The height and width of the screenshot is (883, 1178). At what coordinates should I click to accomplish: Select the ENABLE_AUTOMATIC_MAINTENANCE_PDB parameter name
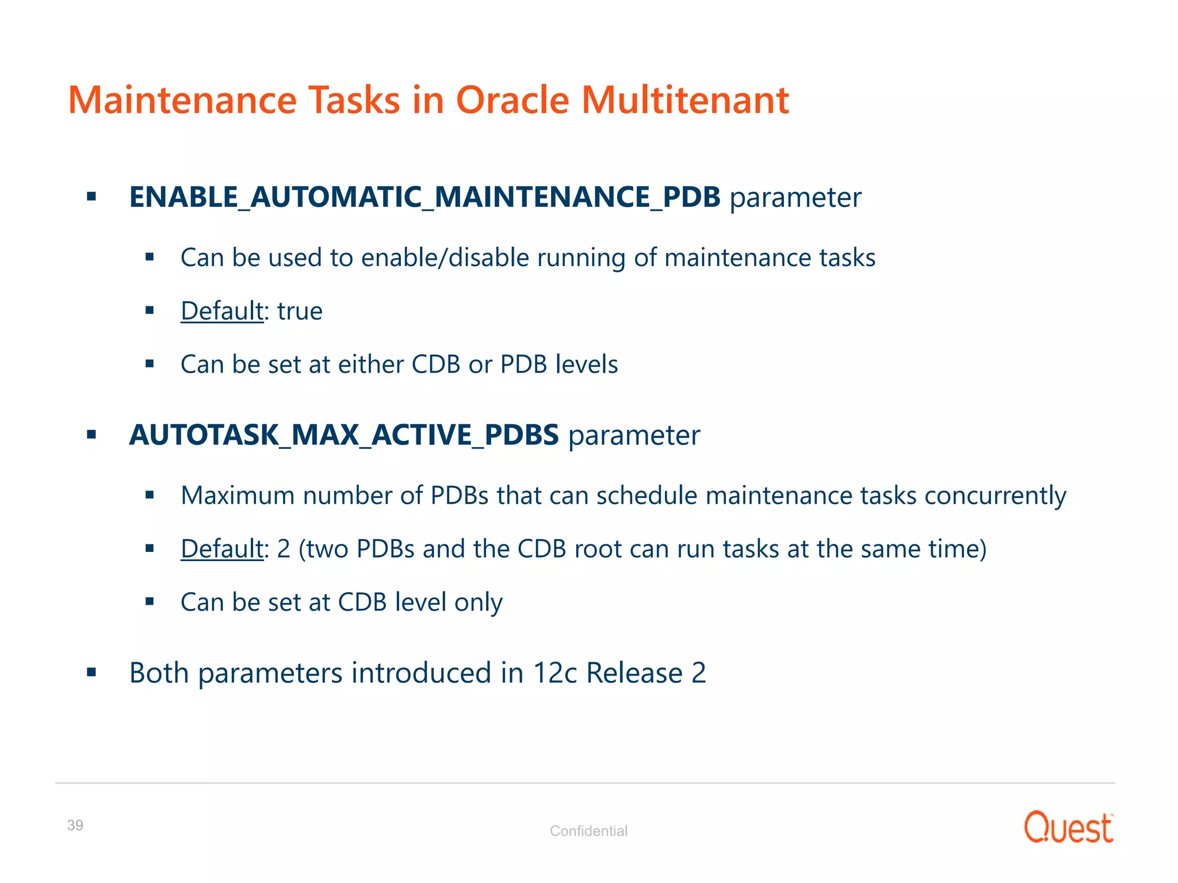click(x=424, y=197)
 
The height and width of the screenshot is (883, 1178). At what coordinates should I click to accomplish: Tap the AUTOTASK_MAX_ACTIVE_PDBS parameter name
click(x=343, y=435)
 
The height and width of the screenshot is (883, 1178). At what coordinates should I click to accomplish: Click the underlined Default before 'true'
click(x=222, y=311)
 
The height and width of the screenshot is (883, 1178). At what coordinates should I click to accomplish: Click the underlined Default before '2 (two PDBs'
click(x=222, y=549)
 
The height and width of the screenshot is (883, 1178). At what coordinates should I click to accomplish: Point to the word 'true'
click(x=300, y=311)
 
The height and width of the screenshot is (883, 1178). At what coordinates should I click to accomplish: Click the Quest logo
click(x=1068, y=827)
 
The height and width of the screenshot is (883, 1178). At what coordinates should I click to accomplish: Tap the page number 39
click(x=75, y=825)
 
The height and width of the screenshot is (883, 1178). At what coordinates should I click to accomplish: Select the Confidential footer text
click(x=588, y=831)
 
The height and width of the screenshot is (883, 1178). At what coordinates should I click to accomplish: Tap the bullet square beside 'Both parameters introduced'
click(x=91, y=672)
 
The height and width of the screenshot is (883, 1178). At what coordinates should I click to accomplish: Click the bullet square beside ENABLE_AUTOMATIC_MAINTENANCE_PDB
click(x=91, y=197)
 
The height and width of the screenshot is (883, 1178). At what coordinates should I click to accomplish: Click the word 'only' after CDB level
click(x=478, y=602)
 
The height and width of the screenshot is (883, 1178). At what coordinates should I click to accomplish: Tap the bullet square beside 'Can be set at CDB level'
click(x=150, y=602)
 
